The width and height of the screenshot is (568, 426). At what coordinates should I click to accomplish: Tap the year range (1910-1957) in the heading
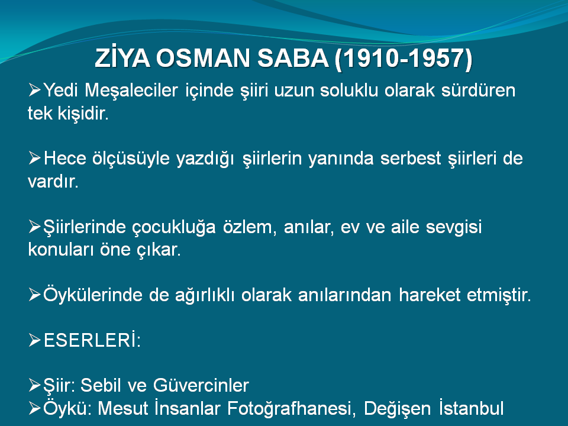point(404,59)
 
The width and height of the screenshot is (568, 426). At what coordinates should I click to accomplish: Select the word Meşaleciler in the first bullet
point(131,91)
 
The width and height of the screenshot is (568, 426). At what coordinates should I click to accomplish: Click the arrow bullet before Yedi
point(35,90)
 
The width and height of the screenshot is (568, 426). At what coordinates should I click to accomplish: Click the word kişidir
point(83,114)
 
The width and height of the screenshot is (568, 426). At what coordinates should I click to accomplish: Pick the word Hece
point(65,159)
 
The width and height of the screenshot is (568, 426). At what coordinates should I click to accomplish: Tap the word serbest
point(411,159)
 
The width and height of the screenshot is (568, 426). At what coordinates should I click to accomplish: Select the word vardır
point(53,181)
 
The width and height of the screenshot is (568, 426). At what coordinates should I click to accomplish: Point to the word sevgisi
point(454,227)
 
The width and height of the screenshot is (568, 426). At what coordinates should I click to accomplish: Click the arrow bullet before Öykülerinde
point(35,295)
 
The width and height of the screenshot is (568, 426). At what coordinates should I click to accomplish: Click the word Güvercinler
point(201,385)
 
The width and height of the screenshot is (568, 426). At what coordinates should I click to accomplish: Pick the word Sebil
point(101,385)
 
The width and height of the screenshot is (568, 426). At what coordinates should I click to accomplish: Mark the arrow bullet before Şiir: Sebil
point(35,385)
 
